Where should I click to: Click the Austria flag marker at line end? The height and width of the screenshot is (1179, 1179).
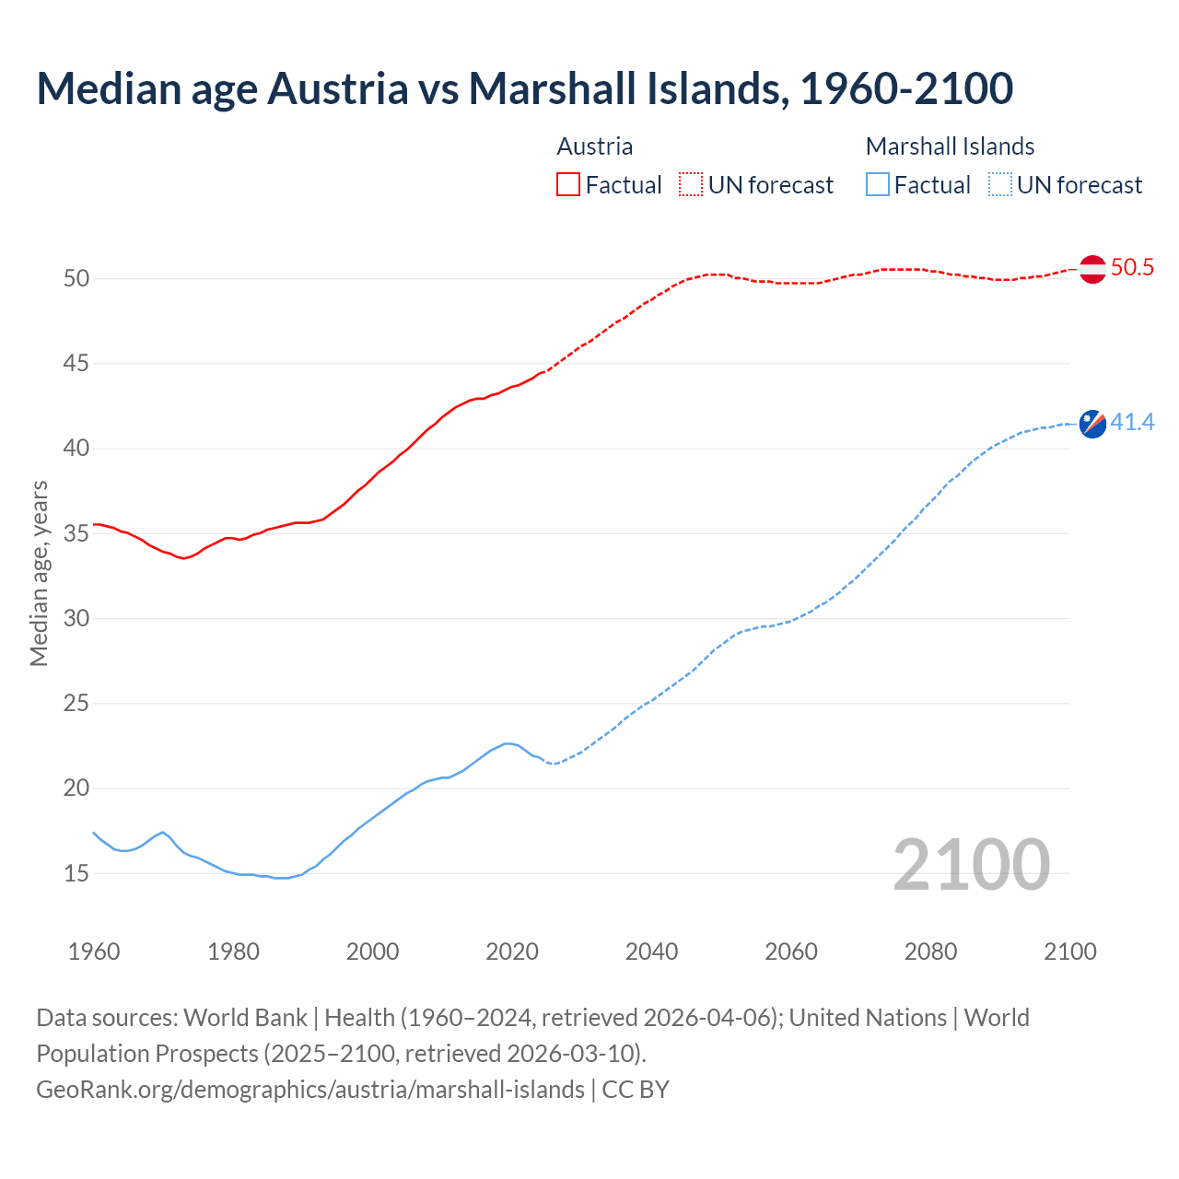1092,269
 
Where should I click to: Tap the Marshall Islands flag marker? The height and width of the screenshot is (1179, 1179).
1092,424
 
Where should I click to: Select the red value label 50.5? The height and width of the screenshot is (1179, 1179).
1132,268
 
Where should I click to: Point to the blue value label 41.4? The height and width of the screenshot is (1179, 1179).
1132,423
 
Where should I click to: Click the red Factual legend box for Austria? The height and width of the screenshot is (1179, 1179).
568,185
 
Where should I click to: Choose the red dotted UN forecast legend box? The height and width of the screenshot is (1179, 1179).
691,185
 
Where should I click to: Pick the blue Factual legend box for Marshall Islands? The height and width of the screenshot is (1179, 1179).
878,185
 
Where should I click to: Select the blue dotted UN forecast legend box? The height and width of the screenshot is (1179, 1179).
999,185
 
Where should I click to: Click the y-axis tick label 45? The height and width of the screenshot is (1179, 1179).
76,364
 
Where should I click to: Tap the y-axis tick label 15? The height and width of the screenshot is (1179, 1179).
76,873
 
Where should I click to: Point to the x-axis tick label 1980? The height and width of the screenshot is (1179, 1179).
233,951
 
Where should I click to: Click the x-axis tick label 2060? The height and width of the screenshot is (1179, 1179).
791,951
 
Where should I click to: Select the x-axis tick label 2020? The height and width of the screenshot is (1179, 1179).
512,951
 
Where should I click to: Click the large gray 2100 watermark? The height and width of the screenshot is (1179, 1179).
972,864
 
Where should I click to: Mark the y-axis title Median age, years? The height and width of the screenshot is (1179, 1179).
39,573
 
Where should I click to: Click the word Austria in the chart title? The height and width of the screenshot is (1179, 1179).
337,89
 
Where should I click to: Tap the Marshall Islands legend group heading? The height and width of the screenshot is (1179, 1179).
950,146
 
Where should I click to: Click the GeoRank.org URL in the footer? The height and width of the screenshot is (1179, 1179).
310,1090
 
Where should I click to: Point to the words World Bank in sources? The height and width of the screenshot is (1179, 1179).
245,1018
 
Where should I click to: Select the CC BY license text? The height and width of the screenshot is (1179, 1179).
636,1090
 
